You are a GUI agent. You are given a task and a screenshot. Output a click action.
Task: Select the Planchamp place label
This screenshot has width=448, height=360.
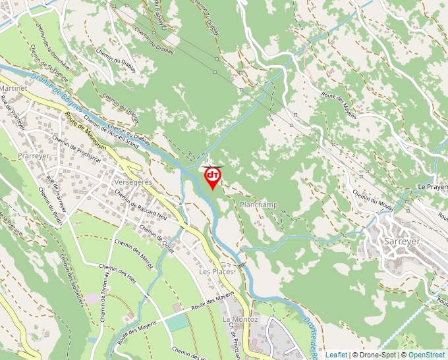coord(259,205)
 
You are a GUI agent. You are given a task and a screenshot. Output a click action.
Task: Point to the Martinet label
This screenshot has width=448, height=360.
coord(14,88)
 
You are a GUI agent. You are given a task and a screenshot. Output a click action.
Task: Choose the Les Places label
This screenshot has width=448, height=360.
coord(216,271)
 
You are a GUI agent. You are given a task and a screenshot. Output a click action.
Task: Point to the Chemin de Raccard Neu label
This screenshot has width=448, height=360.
coord(142,204)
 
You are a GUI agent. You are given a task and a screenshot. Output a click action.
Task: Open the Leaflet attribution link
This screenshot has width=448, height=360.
coord(336,355)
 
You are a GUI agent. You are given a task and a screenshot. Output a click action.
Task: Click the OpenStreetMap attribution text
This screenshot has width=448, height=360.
coord(426,355)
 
